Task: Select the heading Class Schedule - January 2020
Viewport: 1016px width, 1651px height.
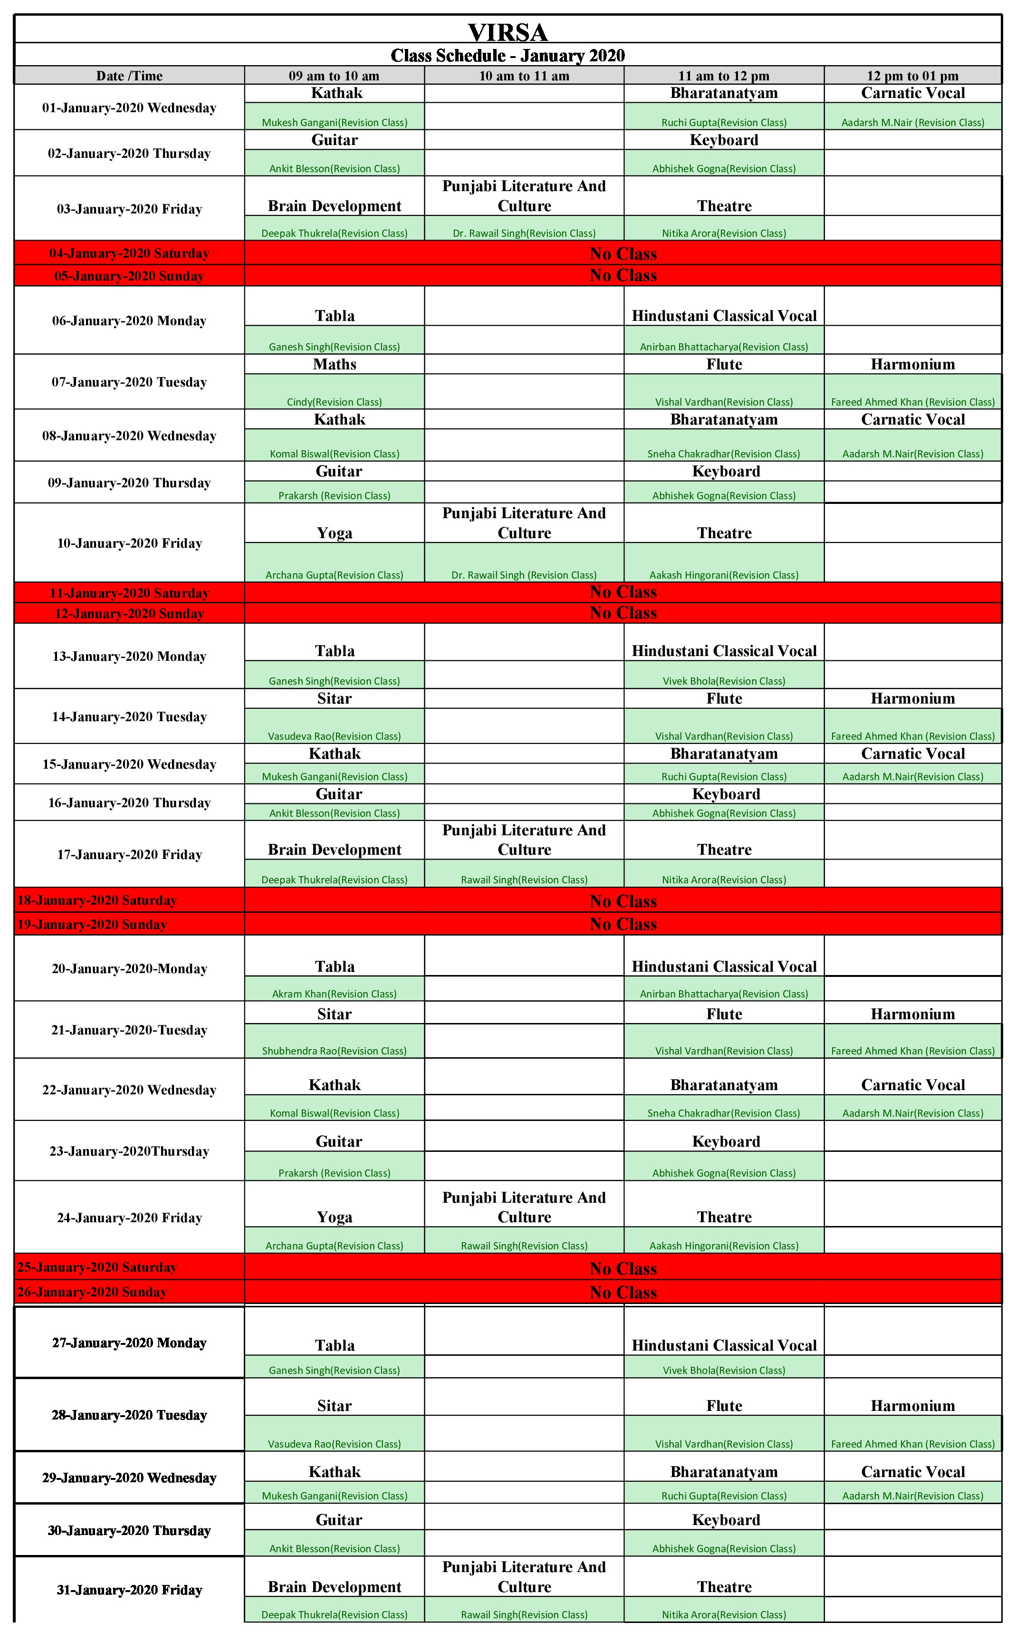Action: pyautogui.click(x=508, y=55)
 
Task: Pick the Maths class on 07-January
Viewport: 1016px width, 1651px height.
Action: pyautogui.click(x=334, y=364)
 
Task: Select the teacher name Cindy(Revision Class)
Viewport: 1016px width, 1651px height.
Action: pyautogui.click(x=334, y=402)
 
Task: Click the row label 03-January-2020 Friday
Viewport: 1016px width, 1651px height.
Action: pyautogui.click(x=129, y=209)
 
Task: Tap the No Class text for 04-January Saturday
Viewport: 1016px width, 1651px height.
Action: pyautogui.click(x=623, y=253)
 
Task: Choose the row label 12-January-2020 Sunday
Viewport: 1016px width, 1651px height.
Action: pyautogui.click(x=129, y=614)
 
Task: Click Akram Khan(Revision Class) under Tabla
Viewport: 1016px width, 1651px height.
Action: pyautogui.click(x=334, y=994)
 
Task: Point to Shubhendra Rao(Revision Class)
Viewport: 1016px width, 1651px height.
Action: pyautogui.click(x=334, y=1051)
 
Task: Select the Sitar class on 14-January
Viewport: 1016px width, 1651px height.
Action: pyautogui.click(x=334, y=698)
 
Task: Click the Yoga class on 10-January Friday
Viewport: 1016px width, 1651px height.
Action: pyautogui.click(x=334, y=533)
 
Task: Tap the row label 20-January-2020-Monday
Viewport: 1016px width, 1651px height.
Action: pyautogui.click(x=129, y=969)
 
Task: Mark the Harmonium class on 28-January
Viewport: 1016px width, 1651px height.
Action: pyautogui.click(x=912, y=1406)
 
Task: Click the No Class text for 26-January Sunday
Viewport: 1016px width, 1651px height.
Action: pyautogui.click(x=623, y=1292)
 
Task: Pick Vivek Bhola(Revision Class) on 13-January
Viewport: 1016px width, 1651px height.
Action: pyautogui.click(x=724, y=681)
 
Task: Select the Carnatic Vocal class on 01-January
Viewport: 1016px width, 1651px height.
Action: pyautogui.click(x=912, y=94)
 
